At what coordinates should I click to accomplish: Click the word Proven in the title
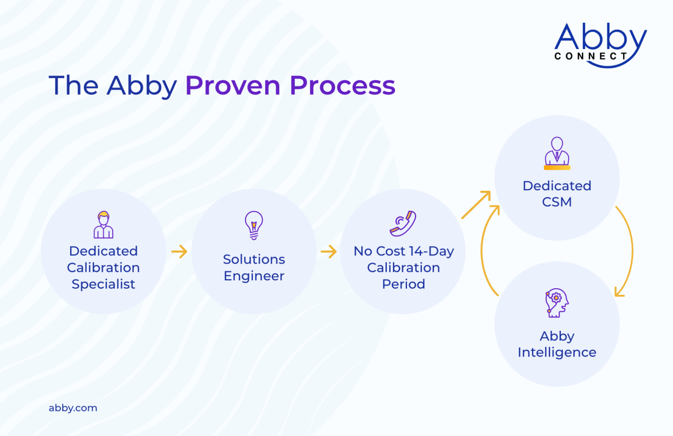(233, 86)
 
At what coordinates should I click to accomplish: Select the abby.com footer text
(73, 408)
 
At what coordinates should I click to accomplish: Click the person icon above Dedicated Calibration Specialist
(103, 225)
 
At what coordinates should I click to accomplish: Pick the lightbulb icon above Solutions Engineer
(254, 225)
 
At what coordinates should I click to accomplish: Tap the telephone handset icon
(403, 224)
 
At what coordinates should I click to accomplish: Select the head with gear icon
(556, 303)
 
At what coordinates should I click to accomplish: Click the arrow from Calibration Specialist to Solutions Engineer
(179, 252)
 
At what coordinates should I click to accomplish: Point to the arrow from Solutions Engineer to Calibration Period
(329, 252)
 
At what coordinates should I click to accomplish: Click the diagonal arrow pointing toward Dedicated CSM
(476, 204)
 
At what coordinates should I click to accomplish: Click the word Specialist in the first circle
(103, 284)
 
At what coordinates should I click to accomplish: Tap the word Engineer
(254, 276)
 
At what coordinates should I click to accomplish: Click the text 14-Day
(431, 251)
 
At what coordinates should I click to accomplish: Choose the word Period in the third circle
(403, 284)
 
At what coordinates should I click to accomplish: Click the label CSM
(556, 202)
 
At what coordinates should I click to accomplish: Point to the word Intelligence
(556, 353)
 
